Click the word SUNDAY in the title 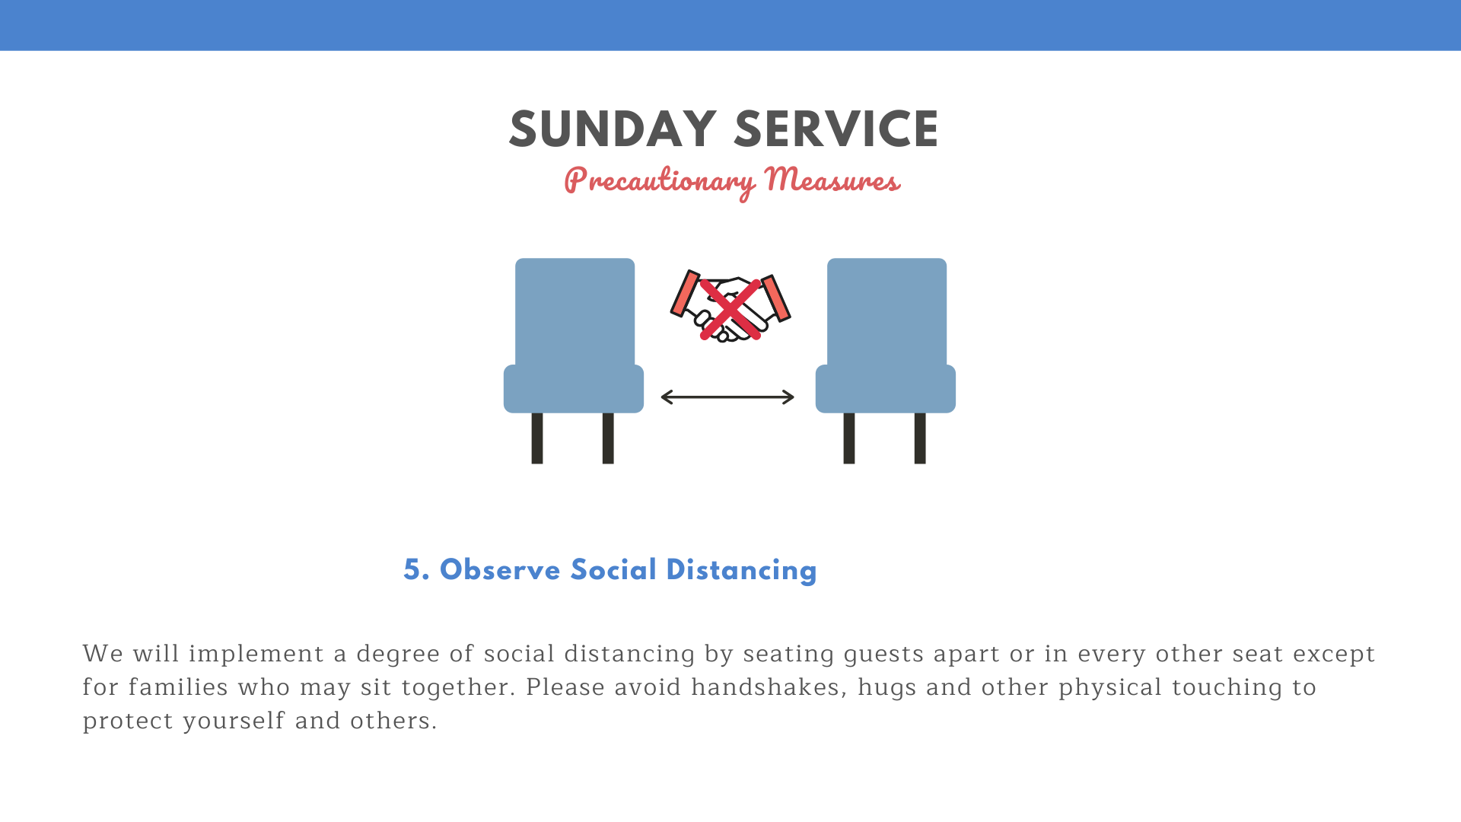[x=613, y=129]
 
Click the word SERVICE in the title [x=836, y=129]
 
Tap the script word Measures [x=832, y=180]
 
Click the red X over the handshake [x=730, y=309]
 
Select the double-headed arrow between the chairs [x=727, y=397]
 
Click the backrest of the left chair [x=575, y=312]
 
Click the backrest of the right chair [x=886, y=312]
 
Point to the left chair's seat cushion [x=574, y=389]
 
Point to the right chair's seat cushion [x=886, y=389]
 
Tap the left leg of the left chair [x=537, y=438]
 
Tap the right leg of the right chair [x=920, y=438]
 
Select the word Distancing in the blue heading [x=741, y=571]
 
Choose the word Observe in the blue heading [x=500, y=570]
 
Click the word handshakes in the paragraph [x=769, y=687]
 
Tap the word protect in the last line [x=128, y=722]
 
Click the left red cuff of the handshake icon [x=684, y=294]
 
